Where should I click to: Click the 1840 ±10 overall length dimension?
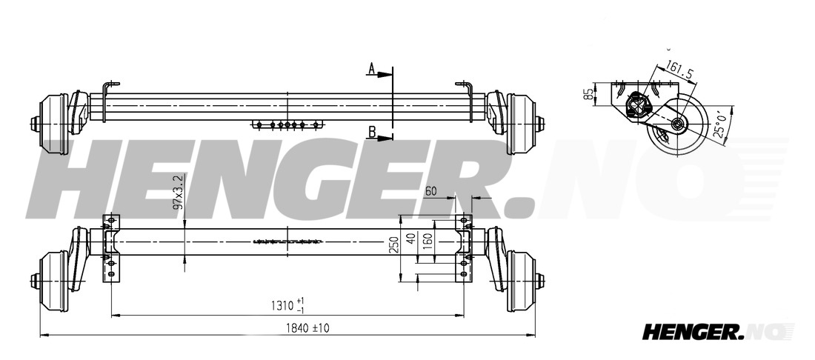point(307,328)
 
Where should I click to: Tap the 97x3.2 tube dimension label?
point(179,192)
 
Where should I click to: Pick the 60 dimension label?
point(431,191)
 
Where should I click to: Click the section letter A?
point(372,68)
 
